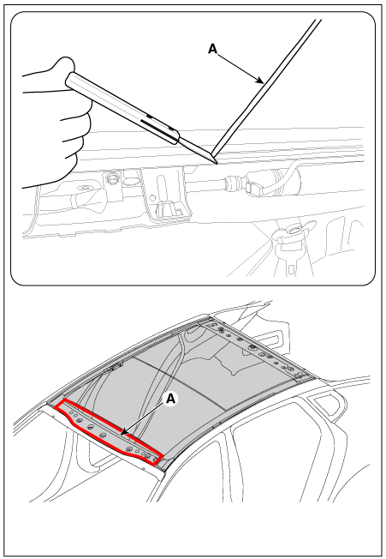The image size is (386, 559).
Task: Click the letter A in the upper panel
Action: (212, 49)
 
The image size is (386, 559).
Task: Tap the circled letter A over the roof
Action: (171, 399)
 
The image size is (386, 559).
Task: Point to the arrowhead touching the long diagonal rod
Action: (261, 81)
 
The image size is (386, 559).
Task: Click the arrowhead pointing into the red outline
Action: (123, 433)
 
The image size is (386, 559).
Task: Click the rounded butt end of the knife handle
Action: (69, 81)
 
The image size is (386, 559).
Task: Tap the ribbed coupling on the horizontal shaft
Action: (231, 182)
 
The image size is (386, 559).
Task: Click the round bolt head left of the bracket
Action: (112, 177)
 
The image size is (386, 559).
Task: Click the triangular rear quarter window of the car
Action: (326, 406)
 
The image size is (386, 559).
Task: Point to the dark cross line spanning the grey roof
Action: (180, 382)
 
